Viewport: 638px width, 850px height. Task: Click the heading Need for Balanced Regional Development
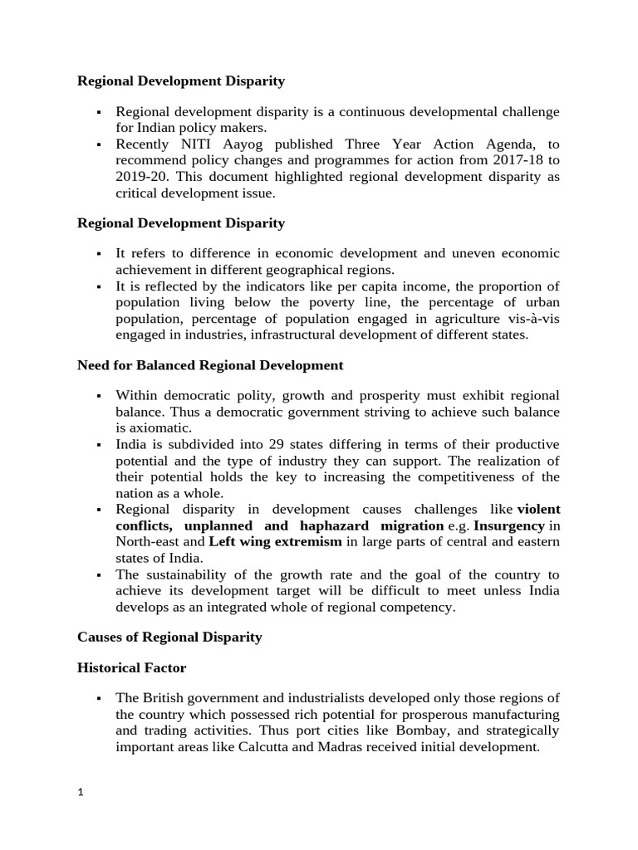click(210, 364)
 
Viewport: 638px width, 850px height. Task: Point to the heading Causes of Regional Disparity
click(169, 637)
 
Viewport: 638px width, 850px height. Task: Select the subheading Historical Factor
click(131, 667)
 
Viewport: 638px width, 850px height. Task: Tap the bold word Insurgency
click(509, 525)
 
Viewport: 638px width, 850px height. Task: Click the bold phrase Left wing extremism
click(275, 542)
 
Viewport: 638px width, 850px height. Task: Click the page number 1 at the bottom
click(81, 792)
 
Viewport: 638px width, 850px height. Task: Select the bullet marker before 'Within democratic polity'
click(98, 396)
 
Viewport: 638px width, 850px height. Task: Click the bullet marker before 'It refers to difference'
click(98, 253)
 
